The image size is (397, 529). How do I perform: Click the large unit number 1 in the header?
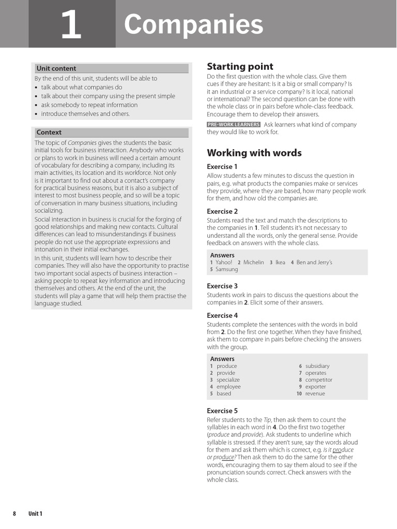pos(71,26)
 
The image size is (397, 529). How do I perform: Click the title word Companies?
pos(193,25)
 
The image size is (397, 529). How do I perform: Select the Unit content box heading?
pos(56,68)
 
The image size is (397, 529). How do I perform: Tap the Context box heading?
pos(49,132)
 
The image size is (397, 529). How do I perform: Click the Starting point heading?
pos(240,66)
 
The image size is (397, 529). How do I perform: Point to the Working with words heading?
pos(254,153)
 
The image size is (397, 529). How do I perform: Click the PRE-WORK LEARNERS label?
pos(233,125)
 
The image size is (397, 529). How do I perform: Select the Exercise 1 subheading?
pos(222,167)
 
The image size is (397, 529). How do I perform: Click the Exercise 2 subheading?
pos(222,211)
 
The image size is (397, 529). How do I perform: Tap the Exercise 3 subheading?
pos(222,286)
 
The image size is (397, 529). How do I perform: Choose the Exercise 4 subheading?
pos(222,315)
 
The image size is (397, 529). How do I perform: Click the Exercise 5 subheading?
pos(222,411)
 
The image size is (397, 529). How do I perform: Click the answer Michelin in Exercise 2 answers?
pos(253,262)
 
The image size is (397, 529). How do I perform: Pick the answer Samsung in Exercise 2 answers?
pos(227,269)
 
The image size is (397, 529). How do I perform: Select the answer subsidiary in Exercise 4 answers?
pos(317,366)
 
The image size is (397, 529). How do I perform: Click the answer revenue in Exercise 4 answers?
pos(315,394)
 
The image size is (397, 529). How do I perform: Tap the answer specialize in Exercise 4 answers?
pos(228,380)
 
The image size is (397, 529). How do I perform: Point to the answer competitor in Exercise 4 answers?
pos(318,380)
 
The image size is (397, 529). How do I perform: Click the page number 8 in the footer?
pos(14,514)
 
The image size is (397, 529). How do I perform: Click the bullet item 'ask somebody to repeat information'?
pos(89,105)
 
